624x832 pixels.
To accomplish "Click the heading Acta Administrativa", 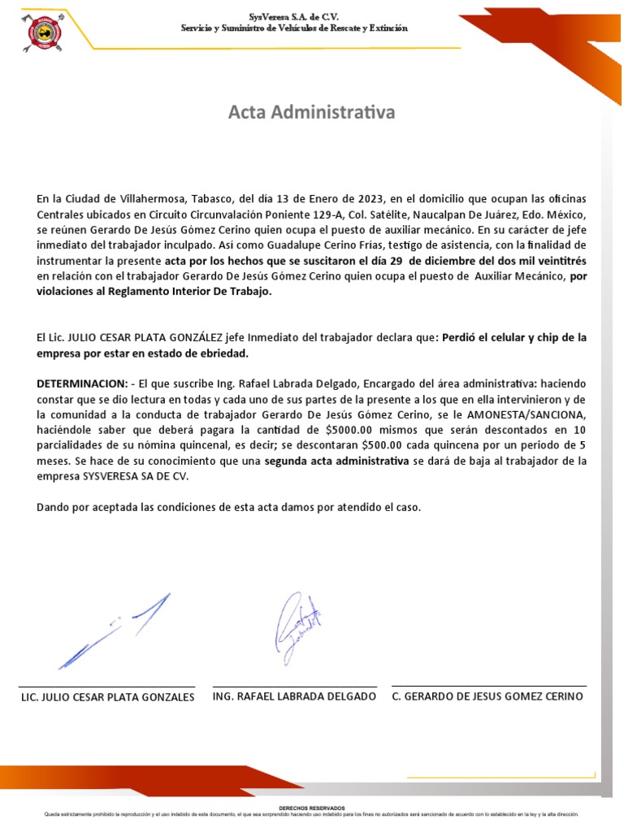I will tap(311, 112).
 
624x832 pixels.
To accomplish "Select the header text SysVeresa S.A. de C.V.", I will tap(294, 16).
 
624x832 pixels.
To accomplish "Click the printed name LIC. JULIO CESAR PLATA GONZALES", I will tap(106, 698).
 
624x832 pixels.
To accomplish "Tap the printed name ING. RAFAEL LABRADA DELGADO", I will tap(294, 697).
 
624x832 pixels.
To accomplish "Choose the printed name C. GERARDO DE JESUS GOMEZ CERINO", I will tap(487, 697).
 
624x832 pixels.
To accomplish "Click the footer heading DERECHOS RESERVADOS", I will tap(311, 808).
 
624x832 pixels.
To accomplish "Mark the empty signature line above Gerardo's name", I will tap(488, 687).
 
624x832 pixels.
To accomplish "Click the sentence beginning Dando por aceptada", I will tap(229, 508).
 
